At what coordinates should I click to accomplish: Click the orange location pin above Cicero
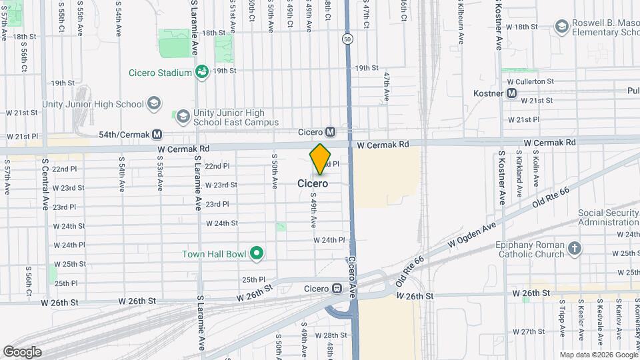coord(321,159)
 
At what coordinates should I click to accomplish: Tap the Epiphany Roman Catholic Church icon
coord(574,249)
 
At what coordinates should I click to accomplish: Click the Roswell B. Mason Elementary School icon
coord(562,25)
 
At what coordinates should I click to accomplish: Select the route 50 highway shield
coord(347,39)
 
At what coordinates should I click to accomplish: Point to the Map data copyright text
coord(598,355)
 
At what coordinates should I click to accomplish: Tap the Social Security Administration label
coord(608,217)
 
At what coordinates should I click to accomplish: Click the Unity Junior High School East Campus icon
coord(182,117)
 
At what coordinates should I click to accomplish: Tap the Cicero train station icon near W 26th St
coord(337,289)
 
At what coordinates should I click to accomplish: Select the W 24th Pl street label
coord(328,239)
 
